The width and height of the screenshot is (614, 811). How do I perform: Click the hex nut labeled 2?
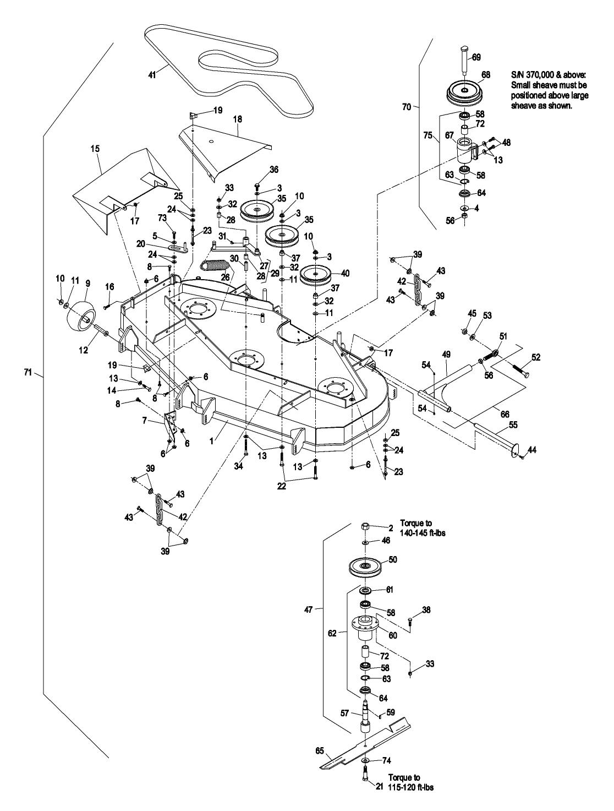point(365,527)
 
